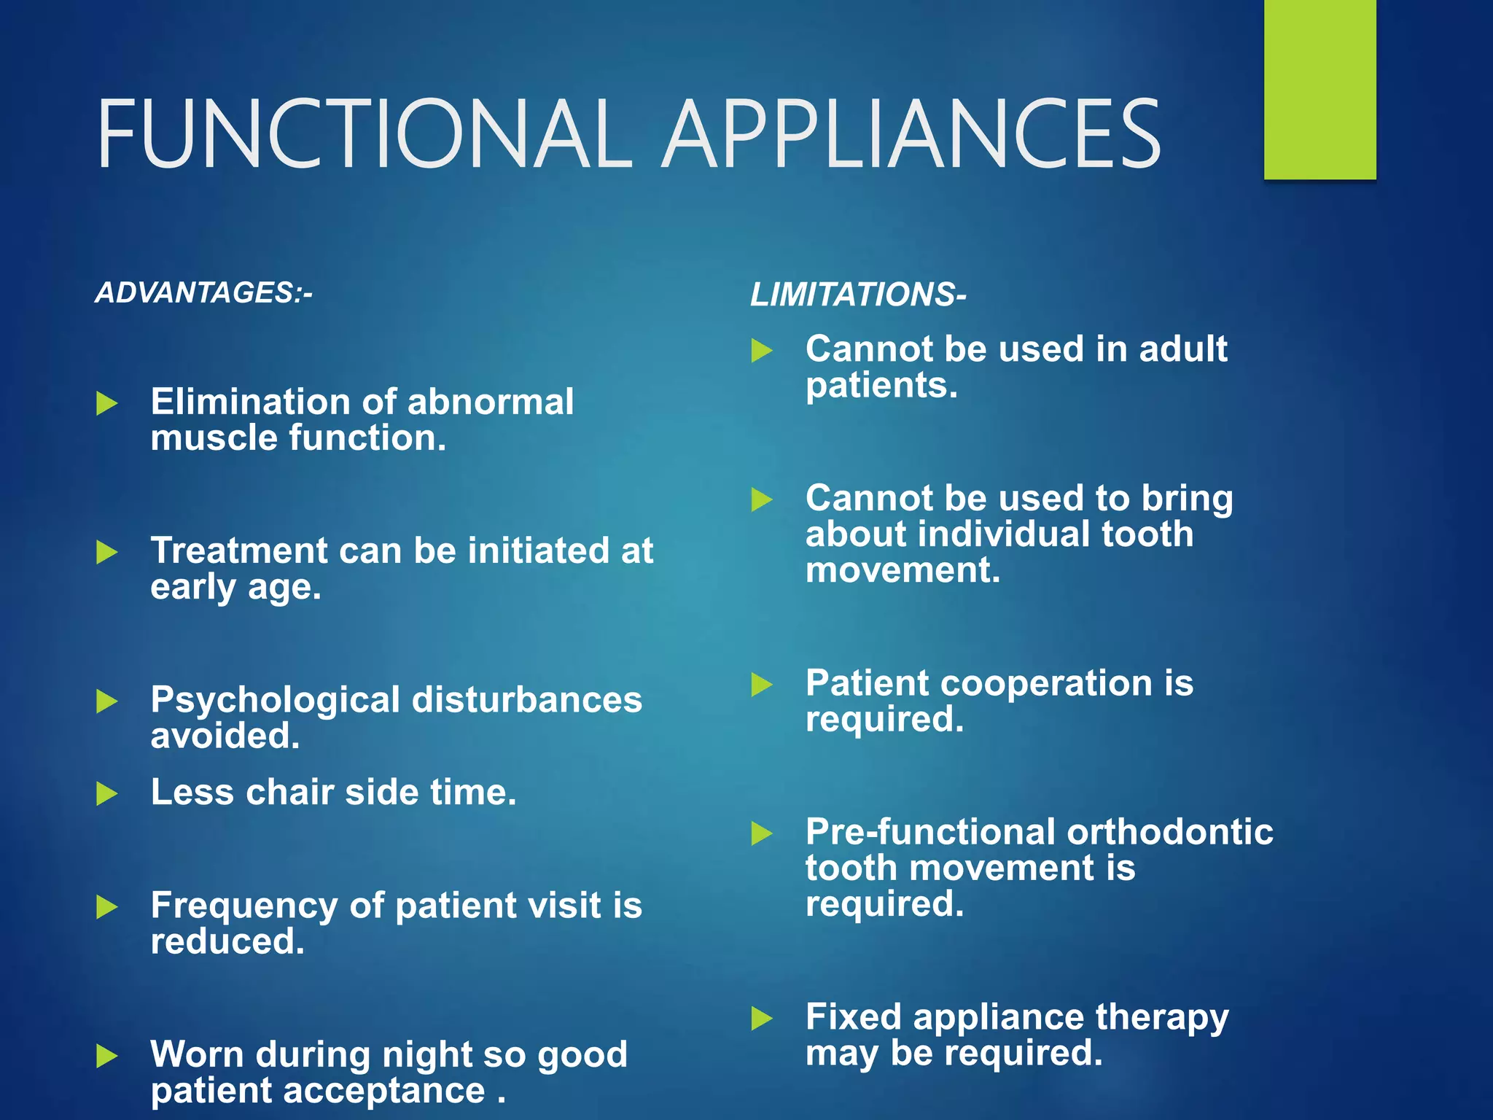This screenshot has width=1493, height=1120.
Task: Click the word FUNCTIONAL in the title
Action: click(365, 135)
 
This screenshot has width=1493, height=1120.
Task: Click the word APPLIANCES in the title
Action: click(911, 135)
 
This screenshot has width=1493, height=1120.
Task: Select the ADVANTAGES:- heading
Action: click(203, 293)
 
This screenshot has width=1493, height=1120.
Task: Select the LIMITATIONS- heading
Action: click(858, 295)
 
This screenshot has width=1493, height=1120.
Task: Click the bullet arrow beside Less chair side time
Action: click(106, 793)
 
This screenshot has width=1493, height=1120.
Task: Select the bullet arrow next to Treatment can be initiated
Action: click(106, 552)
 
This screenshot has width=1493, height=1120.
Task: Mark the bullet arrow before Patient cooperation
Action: click(761, 684)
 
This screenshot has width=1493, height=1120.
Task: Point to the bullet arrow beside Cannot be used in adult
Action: click(761, 350)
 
